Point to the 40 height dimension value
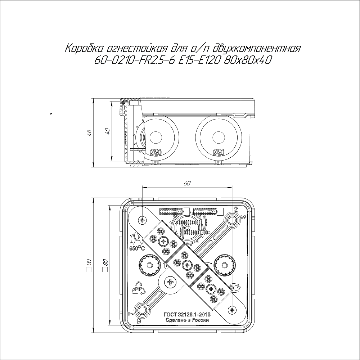[x=107, y=131]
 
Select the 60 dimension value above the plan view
[x=187, y=183]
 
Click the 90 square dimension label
[x=89, y=265]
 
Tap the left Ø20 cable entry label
[x=156, y=152]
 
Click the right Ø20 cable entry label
[x=219, y=152]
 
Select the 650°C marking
[x=137, y=248]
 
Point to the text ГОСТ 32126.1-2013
[x=187, y=314]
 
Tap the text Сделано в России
[x=187, y=320]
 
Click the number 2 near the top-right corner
[x=235, y=209]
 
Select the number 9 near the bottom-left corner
[x=139, y=321]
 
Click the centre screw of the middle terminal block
[x=187, y=265]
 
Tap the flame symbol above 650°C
[x=136, y=239]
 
